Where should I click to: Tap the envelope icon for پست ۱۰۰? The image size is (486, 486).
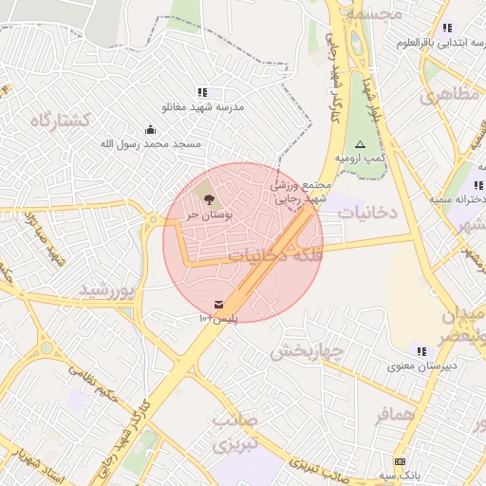tap(220, 304)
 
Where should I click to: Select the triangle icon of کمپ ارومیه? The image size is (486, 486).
tap(359, 144)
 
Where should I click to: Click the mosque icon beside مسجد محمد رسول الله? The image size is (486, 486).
tap(150, 129)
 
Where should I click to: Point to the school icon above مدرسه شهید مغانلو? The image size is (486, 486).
tap(202, 92)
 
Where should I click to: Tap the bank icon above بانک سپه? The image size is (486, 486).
tap(400, 460)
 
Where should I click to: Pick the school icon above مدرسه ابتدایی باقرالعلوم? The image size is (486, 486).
tap(446, 28)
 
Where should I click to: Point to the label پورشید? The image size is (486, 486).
tap(108, 288)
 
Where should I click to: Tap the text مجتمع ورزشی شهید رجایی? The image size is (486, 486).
tap(302, 193)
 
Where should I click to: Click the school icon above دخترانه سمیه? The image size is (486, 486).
tap(476, 185)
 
